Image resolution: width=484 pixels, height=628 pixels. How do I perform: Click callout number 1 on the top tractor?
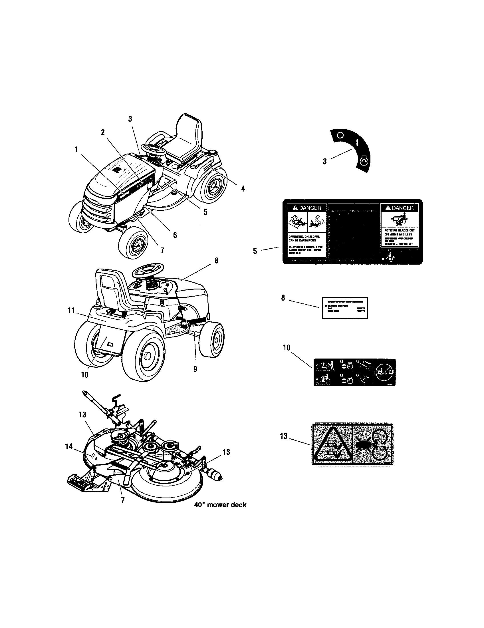[76, 150]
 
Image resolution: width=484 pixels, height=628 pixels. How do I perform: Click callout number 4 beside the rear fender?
[243, 189]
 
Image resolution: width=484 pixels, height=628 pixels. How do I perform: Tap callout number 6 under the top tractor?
[175, 235]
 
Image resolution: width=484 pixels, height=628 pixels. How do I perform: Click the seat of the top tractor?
[187, 138]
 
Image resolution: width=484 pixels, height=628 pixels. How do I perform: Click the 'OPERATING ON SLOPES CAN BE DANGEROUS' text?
[304, 238]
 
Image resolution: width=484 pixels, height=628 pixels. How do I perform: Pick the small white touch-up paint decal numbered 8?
[344, 308]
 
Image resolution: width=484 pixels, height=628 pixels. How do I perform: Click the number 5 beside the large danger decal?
[255, 251]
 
